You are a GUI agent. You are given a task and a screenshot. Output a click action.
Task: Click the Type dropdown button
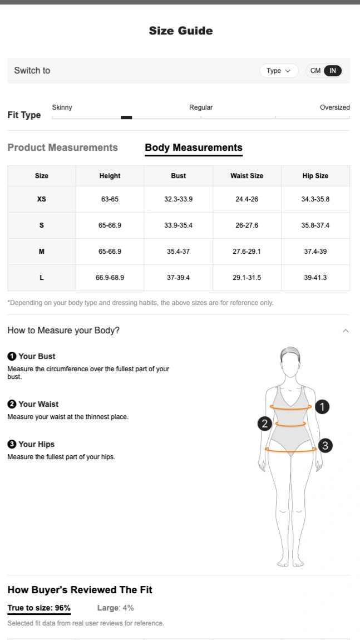click(279, 71)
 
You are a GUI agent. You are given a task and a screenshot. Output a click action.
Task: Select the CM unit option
click(315, 71)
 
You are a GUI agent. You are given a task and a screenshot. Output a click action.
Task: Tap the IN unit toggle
click(333, 71)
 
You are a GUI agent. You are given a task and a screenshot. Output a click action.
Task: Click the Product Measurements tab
click(63, 147)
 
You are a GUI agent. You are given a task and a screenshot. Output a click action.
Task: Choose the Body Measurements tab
click(194, 147)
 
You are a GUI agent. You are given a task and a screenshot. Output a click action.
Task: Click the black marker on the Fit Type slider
click(126, 117)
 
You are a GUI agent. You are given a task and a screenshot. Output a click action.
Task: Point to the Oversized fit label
click(335, 107)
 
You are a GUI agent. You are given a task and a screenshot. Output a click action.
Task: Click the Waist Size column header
click(247, 176)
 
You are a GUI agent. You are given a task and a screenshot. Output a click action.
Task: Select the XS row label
click(42, 199)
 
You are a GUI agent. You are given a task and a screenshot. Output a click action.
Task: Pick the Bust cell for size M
click(179, 252)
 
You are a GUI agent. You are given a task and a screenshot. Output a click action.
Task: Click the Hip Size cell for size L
click(315, 278)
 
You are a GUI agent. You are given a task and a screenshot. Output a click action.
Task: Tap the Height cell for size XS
click(110, 199)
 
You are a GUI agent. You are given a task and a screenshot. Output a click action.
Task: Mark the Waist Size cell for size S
click(247, 225)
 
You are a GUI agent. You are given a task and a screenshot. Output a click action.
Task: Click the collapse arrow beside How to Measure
click(346, 331)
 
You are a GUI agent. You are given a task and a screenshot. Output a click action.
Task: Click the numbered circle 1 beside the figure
click(323, 407)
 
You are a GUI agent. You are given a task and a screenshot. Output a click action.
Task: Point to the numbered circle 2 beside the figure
click(264, 424)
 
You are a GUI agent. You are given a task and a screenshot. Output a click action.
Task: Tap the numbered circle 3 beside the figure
click(326, 446)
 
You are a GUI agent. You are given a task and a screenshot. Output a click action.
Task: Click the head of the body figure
click(290, 362)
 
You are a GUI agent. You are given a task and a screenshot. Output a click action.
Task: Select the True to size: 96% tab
click(39, 608)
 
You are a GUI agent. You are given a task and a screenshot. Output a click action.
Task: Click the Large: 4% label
click(116, 608)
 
